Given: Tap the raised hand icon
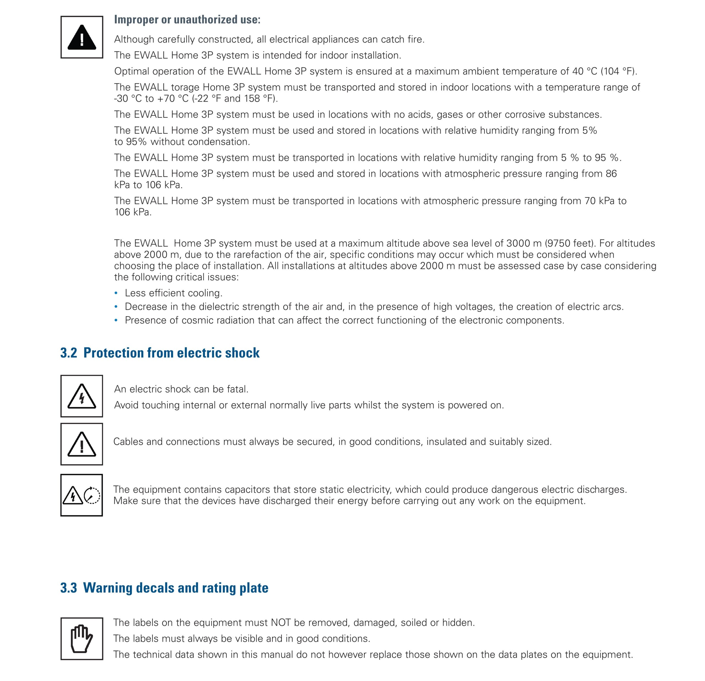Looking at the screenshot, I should pos(82,639).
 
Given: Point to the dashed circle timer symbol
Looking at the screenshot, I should pos(92,495).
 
